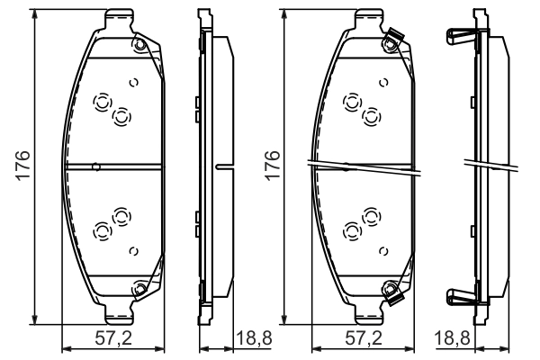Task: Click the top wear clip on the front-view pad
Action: click(x=392, y=39)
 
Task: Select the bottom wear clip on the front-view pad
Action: click(x=391, y=290)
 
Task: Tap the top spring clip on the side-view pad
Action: click(x=461, y=37)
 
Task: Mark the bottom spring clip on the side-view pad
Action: click(x=461, y=295)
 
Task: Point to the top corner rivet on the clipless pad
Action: click(x=139, y=46)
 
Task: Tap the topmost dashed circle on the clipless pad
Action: click(x=101, y=102)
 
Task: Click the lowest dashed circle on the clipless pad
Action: click(x=101, y=231)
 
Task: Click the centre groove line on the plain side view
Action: click(x=222, y=166)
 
